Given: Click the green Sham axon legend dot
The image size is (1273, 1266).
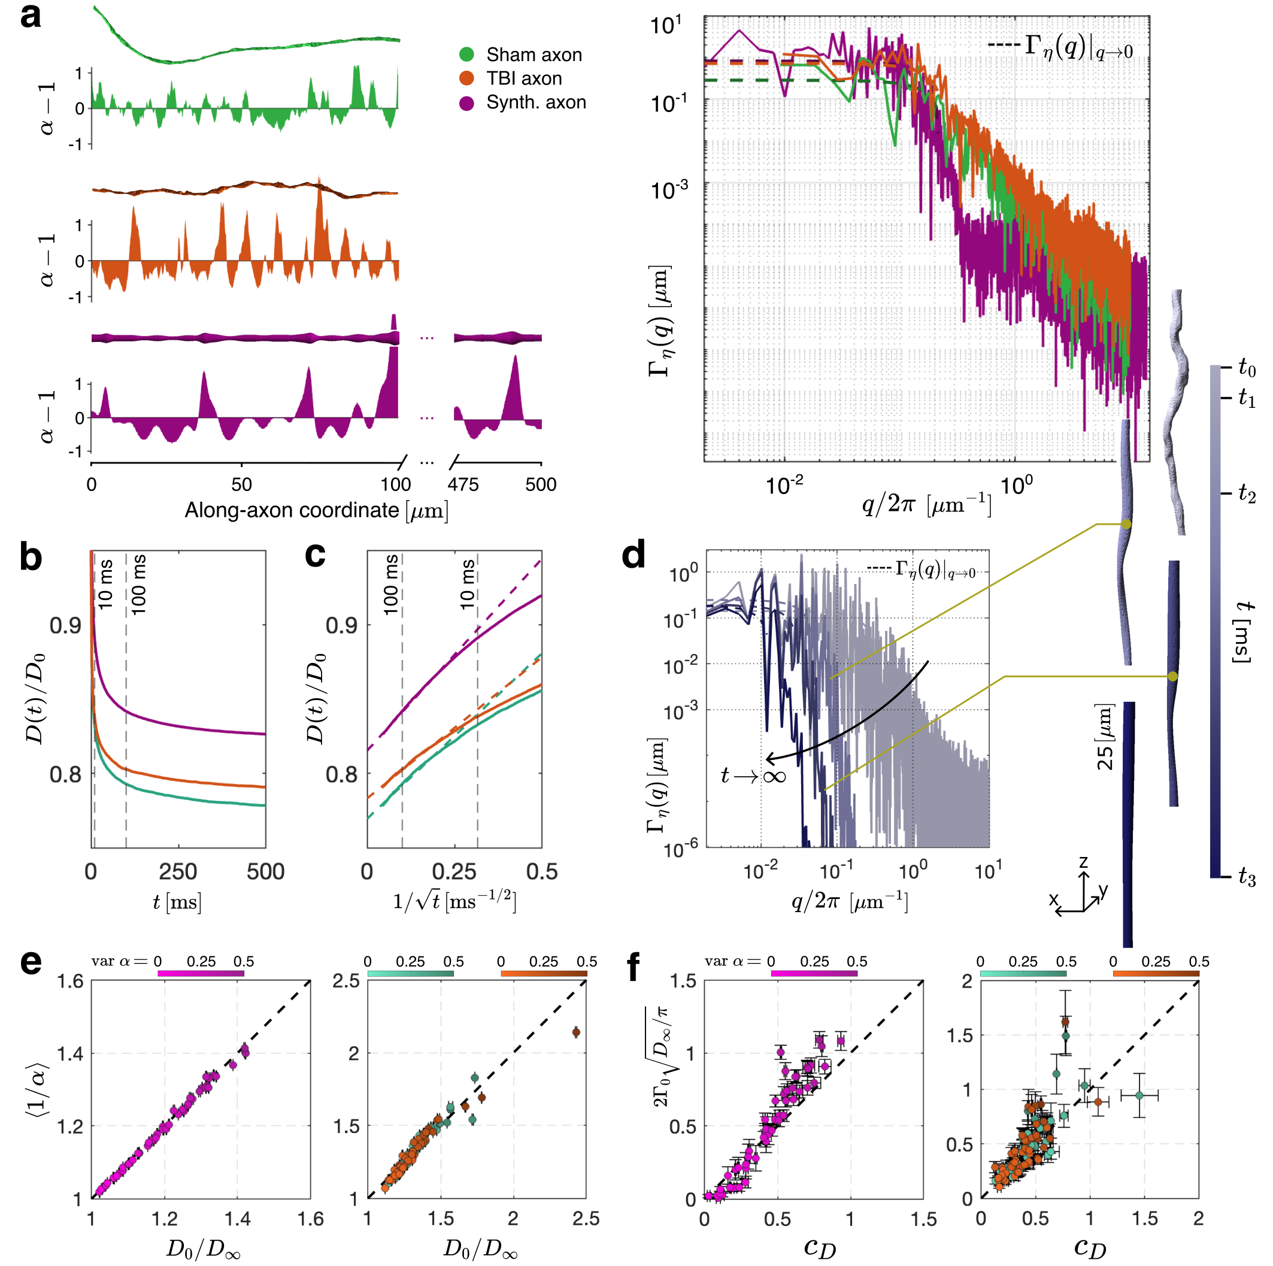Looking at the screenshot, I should [466, 54].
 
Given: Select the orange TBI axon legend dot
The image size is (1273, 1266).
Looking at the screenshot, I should [466, 78].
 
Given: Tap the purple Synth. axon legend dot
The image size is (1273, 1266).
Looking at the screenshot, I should [466, 103].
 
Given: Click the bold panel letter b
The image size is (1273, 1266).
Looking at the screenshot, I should [31, 557].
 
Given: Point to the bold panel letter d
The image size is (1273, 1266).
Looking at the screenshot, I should [633, 556].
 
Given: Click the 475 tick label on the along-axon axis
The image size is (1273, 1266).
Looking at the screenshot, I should [463, 484].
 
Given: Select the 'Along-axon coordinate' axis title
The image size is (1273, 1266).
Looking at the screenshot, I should [316, 511].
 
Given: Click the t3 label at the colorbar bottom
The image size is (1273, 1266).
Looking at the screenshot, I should [1247, 877].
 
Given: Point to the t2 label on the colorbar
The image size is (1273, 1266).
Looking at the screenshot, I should [1247, 493].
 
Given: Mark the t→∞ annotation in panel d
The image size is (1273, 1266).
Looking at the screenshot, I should [753, 775].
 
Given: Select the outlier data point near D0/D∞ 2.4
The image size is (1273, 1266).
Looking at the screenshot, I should [576, 1032].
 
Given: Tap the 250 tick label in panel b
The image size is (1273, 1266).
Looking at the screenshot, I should [178, 872].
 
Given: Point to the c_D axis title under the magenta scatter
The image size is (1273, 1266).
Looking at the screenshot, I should [820, 1247].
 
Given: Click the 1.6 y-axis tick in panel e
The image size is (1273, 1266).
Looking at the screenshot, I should [70, 982].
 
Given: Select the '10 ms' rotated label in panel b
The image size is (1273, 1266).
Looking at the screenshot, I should [105, 584].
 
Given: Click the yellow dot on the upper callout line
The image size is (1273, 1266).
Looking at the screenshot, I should [1126, 524].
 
